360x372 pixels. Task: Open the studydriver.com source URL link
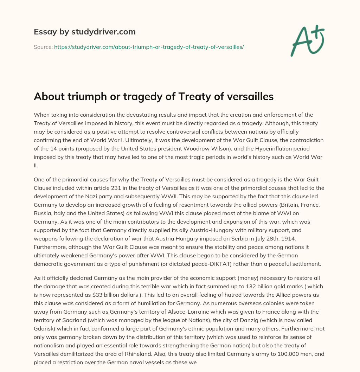pos(149,47)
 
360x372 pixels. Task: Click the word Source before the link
pos(43,47)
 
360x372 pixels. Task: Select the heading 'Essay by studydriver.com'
pos(85,32)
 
